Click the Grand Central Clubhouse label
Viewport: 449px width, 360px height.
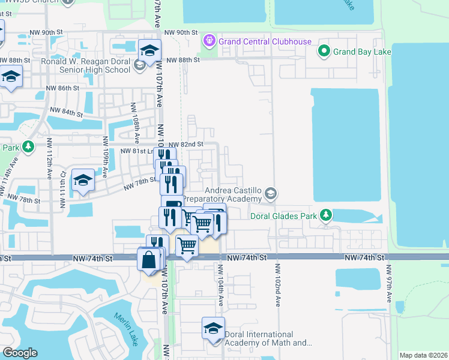tap(265, 41)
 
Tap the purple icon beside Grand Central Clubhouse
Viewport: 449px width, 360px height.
tap(209, 41)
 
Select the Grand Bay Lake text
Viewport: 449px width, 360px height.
tap(363, 52)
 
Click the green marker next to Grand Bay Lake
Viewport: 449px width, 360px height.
tap(324, 51)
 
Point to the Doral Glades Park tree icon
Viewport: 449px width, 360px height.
tap(325, 214)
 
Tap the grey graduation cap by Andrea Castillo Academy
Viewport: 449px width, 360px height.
tap(271, 193)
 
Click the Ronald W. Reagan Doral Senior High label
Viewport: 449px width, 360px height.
tap(85, 65)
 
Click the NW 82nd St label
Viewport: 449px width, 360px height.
tap(186, 145)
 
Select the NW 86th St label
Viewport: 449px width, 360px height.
tap(63, 88)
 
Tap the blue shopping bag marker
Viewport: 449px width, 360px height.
tap(148, 260)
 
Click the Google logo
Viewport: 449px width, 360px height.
tap(20, 353)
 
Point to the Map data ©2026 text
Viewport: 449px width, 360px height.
tap(423, 355)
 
